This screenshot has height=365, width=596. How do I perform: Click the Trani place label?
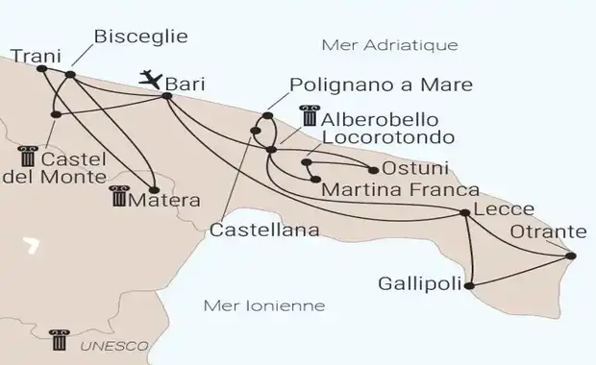(30, 55)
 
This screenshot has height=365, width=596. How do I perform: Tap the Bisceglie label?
(140, 37)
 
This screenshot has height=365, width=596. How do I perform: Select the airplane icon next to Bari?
(151, 79)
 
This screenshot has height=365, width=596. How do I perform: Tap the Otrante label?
(550, 232)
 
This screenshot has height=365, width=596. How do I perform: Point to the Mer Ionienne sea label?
(265, 306)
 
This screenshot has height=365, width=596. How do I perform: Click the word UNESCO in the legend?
(113, 343)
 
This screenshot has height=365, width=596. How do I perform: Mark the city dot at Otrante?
(572, 256)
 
